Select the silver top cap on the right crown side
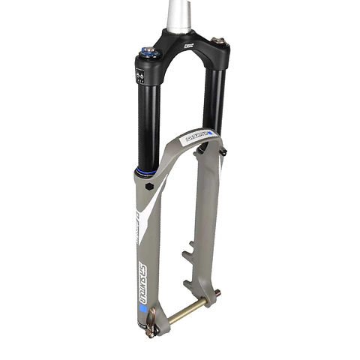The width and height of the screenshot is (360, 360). [218, 40]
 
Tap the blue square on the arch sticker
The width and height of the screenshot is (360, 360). [210, 133]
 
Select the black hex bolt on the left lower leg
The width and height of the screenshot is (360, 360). [150, 184]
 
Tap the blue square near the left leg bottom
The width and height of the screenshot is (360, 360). [139, 308]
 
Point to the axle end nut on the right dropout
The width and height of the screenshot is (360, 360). [218, 293]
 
